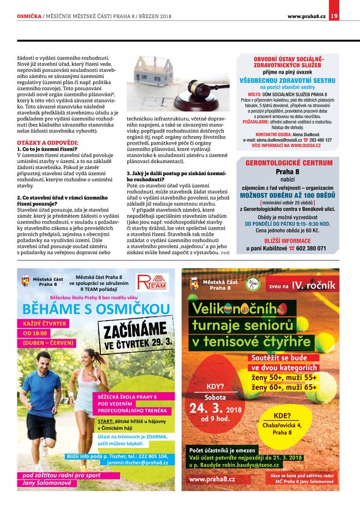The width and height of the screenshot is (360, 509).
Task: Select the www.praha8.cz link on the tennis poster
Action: (x=212, y=480)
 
